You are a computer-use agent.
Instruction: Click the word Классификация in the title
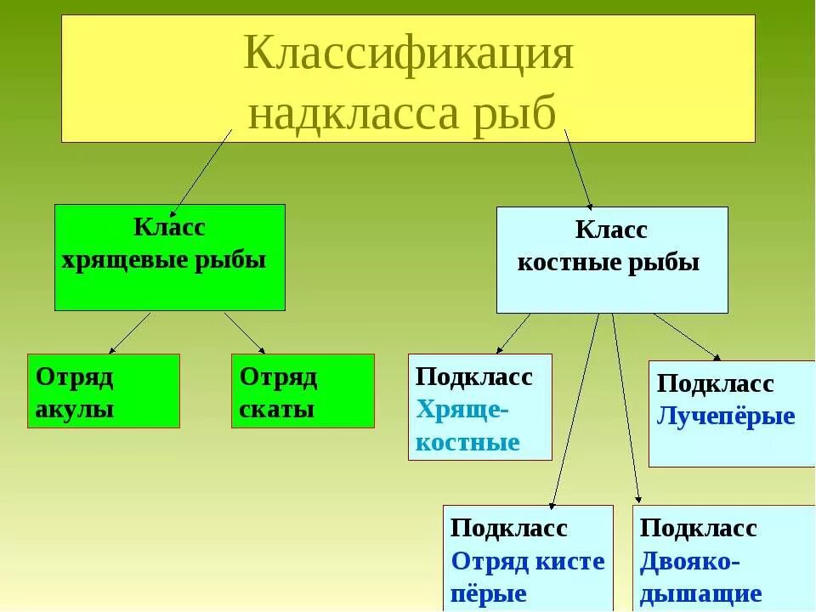[x=408, y=55]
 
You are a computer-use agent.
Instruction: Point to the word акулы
[x=75, y=409]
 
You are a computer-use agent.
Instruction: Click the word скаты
[x=277, y=409]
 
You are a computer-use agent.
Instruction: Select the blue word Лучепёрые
[x=726, y=416]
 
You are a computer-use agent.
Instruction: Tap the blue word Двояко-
[x=690, y=561]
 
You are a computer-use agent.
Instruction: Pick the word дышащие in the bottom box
[x=700, y=593]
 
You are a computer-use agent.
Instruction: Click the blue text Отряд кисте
[x=528, y=561]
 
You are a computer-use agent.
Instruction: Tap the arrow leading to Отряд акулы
[x=130, y=332]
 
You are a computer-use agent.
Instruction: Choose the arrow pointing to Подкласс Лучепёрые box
[x=687, y=336]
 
